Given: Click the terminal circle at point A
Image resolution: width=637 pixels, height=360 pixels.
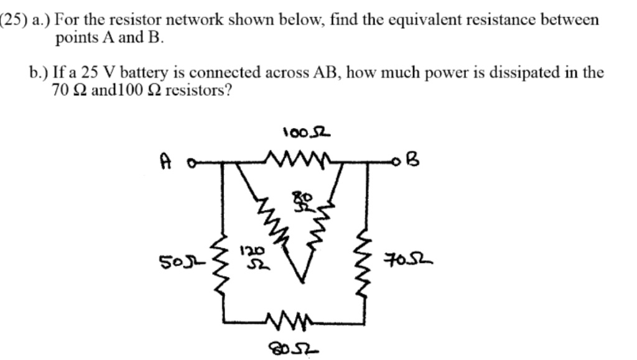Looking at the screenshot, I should pos(192,165).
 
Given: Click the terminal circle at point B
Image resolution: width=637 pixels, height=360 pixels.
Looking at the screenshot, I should pos(396,164).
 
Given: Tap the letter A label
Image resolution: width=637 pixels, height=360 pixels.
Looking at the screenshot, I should pos(165,162).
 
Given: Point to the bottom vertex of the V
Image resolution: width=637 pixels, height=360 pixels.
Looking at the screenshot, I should pos(302,284).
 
